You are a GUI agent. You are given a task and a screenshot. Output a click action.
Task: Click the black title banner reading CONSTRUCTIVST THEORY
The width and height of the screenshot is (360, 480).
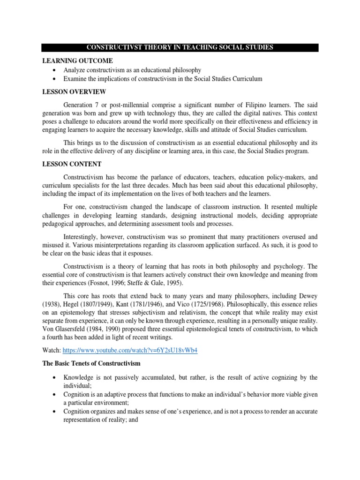(x=180, y=47)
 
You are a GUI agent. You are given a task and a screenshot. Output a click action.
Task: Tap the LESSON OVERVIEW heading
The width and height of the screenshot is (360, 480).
(x=74, y=91)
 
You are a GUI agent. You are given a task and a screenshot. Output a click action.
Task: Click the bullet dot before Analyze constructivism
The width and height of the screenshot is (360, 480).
(x=55, y=70)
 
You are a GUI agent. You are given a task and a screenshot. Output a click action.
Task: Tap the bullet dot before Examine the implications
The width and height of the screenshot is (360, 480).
(x=55, y=79)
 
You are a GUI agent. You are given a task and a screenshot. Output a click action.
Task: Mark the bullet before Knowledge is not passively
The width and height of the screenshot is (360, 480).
(x=55, y=378)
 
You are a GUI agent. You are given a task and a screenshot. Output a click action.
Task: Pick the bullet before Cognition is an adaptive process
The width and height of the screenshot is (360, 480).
(x=55, y=395)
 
